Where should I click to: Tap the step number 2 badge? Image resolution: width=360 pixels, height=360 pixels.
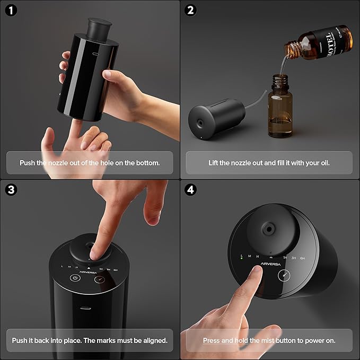pyautogui.click(x=190, y=10)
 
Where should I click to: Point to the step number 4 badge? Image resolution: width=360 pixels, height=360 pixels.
pyautogui.click(x=190, y=190)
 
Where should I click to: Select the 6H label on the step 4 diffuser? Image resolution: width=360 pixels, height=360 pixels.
pyautogui.click(x=303, y=258)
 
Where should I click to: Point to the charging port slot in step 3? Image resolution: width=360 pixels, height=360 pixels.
pyautogui.click(x=86, y=308)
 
